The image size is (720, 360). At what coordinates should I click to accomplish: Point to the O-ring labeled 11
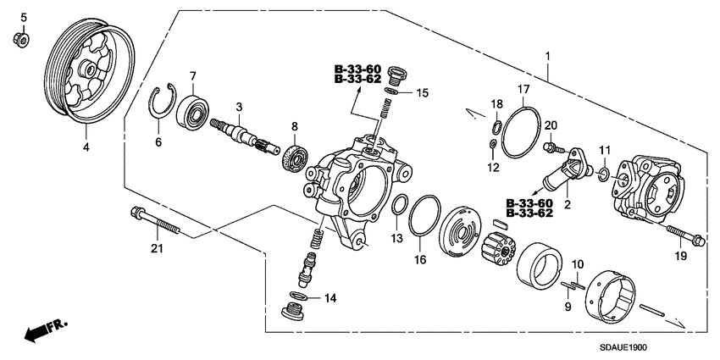click(x=601, y=175)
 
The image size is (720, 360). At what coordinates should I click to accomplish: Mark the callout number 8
click(x=294, y=126)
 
